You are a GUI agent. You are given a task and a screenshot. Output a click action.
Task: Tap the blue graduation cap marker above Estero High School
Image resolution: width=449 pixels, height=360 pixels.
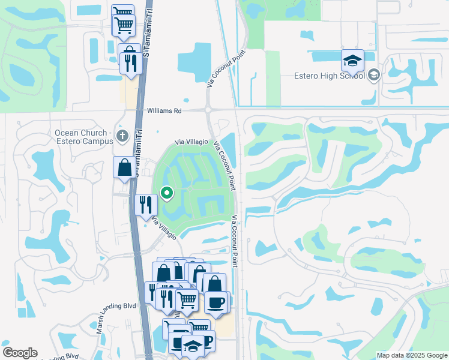coord(352,60)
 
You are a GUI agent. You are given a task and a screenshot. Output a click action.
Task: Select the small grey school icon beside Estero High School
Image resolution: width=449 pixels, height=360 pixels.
coord(374,75)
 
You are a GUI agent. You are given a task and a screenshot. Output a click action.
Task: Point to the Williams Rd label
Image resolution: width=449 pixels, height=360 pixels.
coord(164,111)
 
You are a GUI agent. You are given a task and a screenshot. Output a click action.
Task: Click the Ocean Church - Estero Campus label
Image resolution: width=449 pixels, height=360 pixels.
coord(84,137)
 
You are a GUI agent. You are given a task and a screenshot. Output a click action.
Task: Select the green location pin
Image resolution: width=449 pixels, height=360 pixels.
coord(167,193)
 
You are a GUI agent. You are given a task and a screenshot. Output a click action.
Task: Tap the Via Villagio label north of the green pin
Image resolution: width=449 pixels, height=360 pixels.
coord(191,142)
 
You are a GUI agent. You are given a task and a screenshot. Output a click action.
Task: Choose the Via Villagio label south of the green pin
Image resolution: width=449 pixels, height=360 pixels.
coord(164,228)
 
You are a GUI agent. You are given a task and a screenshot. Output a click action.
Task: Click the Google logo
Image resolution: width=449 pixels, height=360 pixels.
coord(20,353)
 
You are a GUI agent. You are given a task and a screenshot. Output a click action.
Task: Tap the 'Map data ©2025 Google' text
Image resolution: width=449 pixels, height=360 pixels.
coord(412,355)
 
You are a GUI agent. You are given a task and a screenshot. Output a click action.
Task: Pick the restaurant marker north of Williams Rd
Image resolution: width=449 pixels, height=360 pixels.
coord(131,62)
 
